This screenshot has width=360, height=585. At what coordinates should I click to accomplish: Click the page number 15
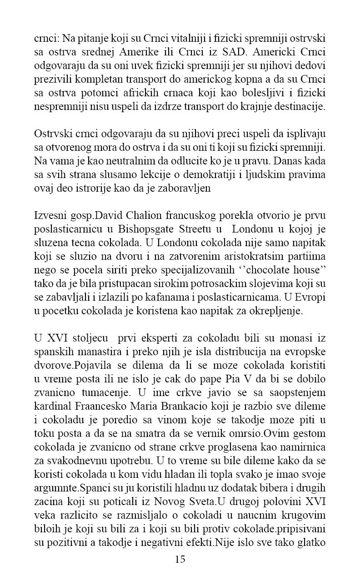(180, 559)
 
